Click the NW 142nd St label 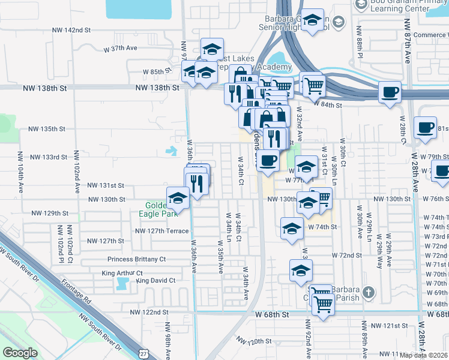(71, 29)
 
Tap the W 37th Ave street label (120, 47)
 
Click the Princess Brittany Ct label (137, 259)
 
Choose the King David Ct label (155, 280)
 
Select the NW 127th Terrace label (162, 230)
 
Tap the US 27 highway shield (143, 354)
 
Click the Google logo (20, 353)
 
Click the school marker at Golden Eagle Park (178, 197)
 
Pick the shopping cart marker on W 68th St (324, 304)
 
